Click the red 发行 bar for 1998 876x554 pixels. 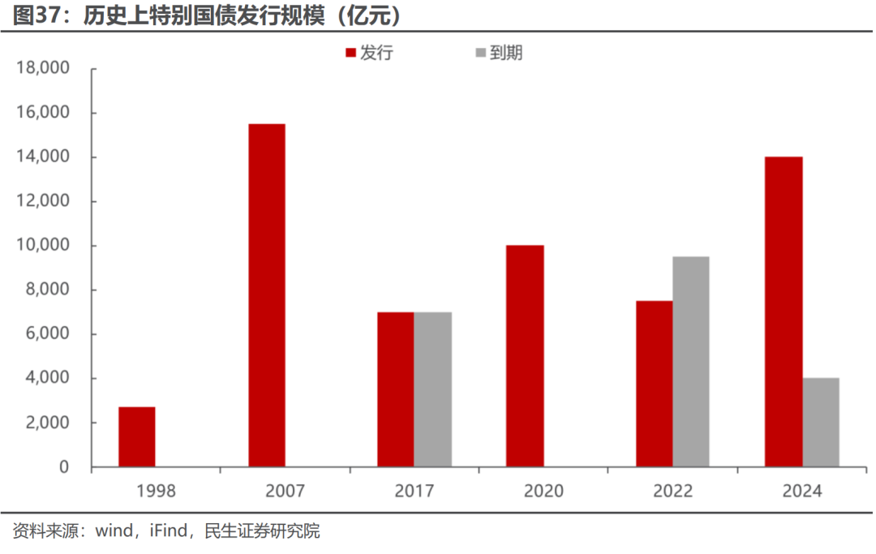coord(137,437)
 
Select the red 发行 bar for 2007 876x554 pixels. coord(267,295)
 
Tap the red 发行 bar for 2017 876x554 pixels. coord(395,389)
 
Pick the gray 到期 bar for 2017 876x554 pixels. coord(432,389)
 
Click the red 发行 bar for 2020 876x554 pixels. coord(525,356)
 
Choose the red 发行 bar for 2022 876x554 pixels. coord(654,384)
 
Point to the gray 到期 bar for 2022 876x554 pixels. coord(690,362)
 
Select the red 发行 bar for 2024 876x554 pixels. coord(784,311)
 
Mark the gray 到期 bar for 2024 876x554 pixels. coord(821,423)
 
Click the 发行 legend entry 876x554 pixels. coord(369,54)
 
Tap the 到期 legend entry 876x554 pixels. coord(498,54)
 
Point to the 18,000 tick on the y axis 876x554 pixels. coord(43,68)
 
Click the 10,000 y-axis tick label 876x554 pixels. coord(43,246)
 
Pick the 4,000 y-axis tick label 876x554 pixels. coord(47,379)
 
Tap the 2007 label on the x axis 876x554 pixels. coord(285,491)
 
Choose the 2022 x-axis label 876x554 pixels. coord(672,491)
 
